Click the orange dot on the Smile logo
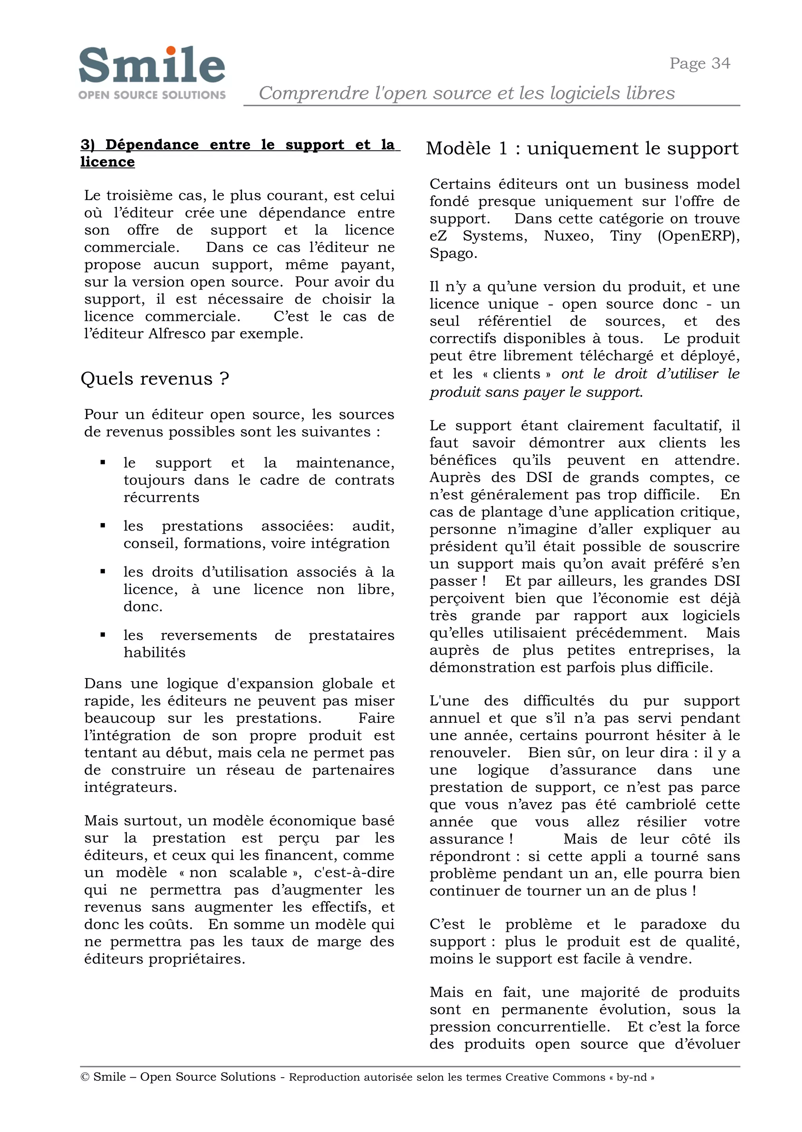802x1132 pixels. pyautogui.click(x=171, y=50)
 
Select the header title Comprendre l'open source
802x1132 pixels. pyautogui.click(x=466, y=93)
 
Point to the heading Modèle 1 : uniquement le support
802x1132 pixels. pyautogui.click(x=582, y=149)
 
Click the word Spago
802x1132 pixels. pyautogui.click(x=448, y=254)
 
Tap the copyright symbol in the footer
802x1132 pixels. pyautogui.click(x=85, y=1077)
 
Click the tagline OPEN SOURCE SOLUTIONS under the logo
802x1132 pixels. pyautogui.click(x=152, y=95)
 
